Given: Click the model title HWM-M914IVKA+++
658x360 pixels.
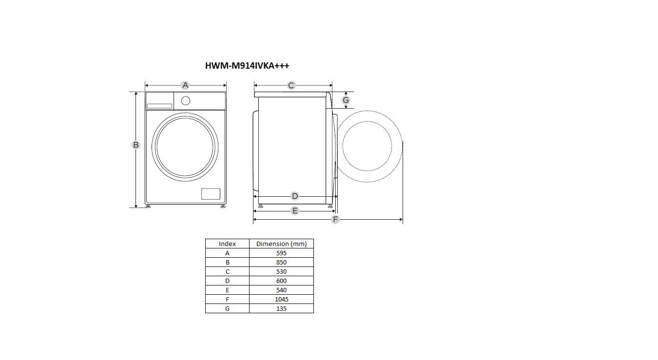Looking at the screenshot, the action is tap(247, 65).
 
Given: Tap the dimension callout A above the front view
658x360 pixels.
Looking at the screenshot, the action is tap(185, 85).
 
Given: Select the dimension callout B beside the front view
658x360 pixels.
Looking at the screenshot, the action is tap(135, 145).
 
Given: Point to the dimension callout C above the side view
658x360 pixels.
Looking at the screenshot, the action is tap(291, 85).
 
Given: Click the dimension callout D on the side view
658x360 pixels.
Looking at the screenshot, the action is tap(294, 196).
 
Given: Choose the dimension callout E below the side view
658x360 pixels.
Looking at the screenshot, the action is tap(294, 210).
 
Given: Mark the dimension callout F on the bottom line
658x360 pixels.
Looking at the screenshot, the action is tap(335, 219).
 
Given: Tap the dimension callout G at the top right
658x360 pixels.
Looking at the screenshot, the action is tap(346, 100).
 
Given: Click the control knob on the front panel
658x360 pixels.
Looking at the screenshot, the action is tap(186, 100).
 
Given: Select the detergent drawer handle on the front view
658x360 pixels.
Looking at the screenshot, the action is tap(159, 106).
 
